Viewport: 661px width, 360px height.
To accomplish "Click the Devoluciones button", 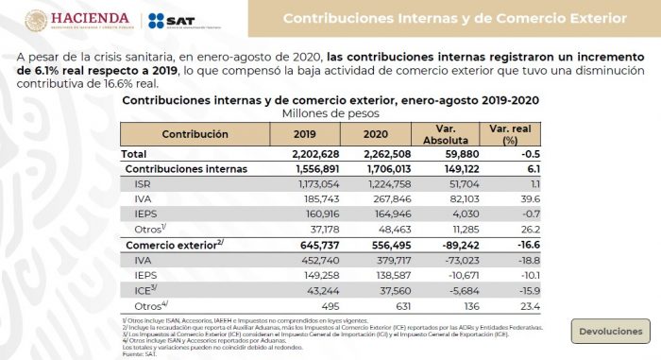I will pyautogui.click(x=611, y=332).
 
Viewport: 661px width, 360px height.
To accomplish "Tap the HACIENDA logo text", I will pyautogui.click(x=90, y=18).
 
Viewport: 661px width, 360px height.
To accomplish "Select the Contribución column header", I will pyautogui.click(x=195, y=134).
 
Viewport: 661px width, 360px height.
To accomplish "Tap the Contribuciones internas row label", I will pyautogui.click(x=186, y=169).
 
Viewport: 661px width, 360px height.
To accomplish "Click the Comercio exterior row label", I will pyautogui.click(x=174, y=245).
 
